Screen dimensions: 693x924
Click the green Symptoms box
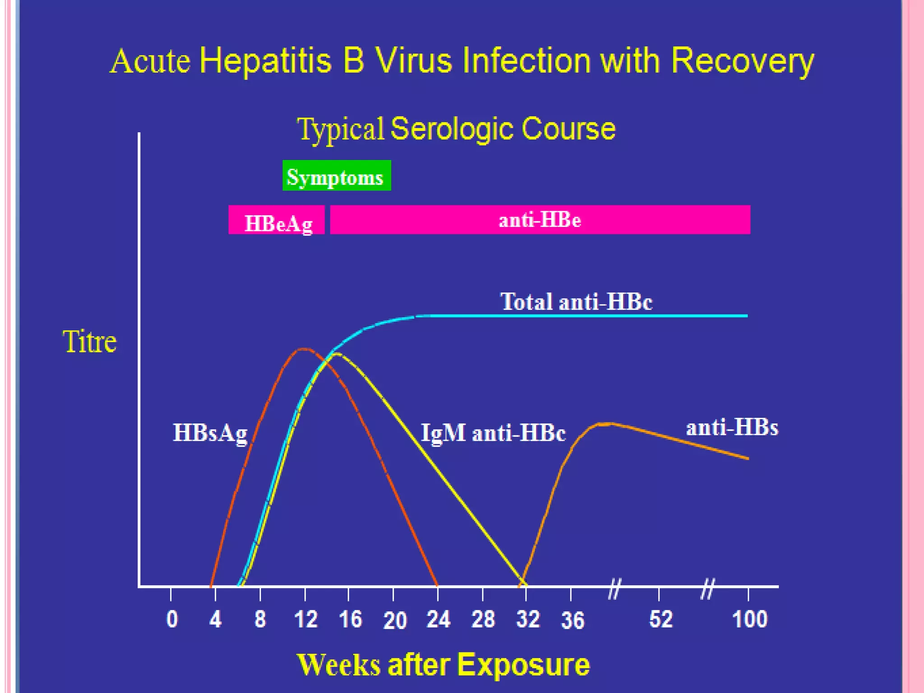point(337,176)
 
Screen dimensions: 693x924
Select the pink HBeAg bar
point(277,220)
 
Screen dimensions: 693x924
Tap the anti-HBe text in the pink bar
point(540,220)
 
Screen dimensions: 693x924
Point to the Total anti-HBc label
point(576,301)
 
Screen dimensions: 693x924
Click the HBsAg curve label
point(210,433)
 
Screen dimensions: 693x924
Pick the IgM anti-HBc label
point(493,433)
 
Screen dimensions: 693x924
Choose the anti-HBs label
point(732,427)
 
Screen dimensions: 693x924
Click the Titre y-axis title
point(89,342)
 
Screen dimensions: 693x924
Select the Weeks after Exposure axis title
point(443,665)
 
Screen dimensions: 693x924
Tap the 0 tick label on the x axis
point(172,619)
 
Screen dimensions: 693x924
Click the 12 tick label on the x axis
point(305,619)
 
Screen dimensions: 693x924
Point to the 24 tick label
point(438,619)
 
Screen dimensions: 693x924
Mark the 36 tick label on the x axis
point(572,620)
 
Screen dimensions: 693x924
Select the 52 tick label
point(661,619)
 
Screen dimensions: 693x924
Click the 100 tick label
point(749,619)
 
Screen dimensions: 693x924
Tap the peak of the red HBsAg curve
point(304,349)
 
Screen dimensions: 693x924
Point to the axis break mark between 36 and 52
point(614,589)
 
